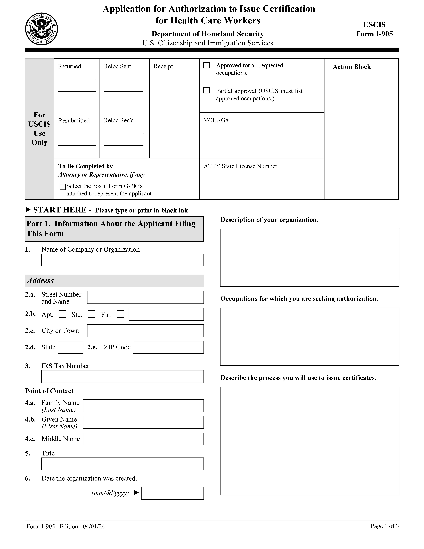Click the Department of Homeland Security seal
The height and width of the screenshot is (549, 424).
coord(41,29)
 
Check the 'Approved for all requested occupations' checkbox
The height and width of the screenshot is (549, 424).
coord(206,65)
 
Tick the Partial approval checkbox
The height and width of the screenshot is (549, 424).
coord(206,90)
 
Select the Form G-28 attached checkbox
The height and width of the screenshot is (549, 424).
coord(63,187)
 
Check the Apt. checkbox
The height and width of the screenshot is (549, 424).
coord(62,314)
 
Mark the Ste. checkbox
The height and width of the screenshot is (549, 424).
coord(91,314)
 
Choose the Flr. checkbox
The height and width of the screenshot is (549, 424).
coord(121,314)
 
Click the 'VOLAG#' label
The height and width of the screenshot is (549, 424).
coord(216,120)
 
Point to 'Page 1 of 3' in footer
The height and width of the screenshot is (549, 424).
coord(385,526)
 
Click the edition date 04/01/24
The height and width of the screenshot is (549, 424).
coord(94,526)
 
